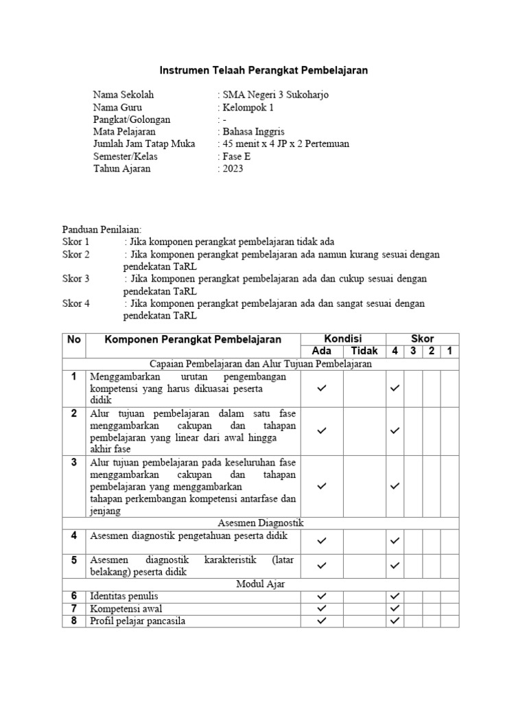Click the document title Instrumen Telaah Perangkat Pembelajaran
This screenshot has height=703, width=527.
(263, 70)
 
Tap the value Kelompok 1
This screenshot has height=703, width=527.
(246, 107)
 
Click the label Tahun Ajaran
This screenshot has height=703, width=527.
(121, 168)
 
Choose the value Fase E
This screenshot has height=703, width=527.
(235, 157)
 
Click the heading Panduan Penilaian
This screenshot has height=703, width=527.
(102, 229)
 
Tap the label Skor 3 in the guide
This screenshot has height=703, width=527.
(76, 279)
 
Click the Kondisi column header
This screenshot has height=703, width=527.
(342, 338)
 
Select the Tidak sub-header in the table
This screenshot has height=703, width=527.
(364, 351)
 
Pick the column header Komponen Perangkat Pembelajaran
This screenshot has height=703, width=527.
(193, 339)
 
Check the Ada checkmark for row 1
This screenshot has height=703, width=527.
(322, 388)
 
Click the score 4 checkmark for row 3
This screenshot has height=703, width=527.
(395, 486)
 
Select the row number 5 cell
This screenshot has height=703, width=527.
(73, 560)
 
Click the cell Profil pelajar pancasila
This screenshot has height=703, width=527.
(137, 621)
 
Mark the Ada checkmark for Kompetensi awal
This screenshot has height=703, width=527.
(322, 608)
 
